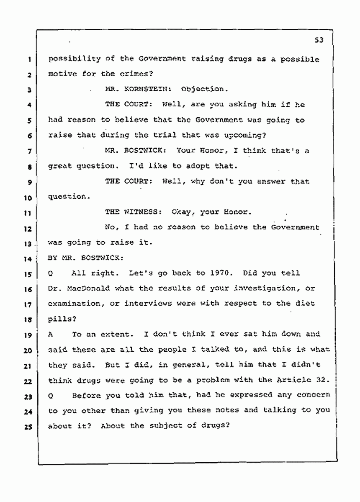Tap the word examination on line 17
pos(73,304)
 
